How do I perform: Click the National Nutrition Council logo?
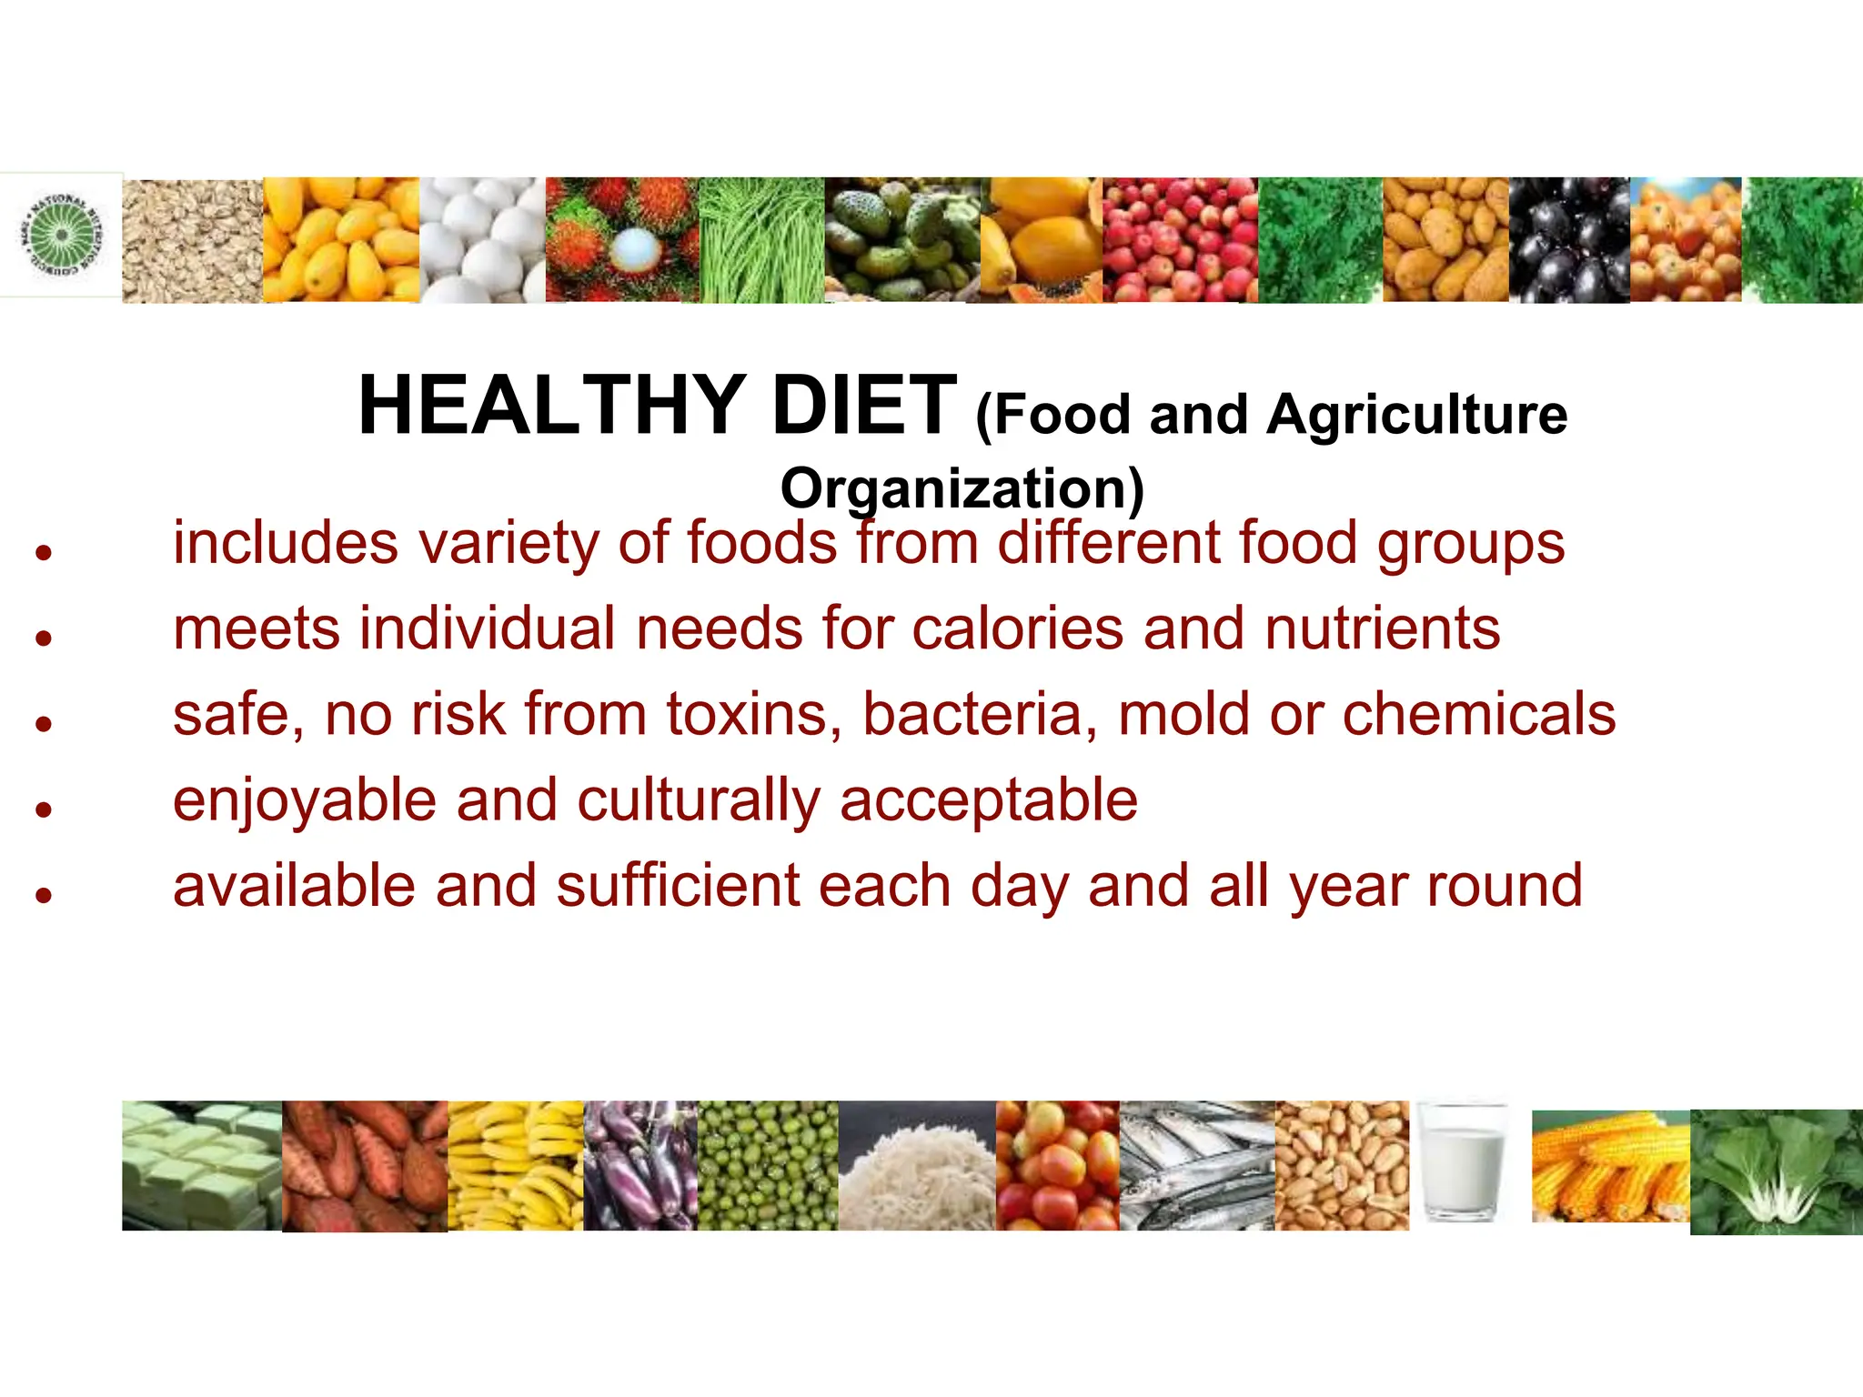click(62, 235)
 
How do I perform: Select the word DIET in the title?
click(862, 407)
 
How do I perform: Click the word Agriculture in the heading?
click(1416, 416)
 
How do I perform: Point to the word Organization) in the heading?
click(962, 489)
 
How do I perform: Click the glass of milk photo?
click(1463, 1163)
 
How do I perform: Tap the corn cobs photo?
click(1610, 1167)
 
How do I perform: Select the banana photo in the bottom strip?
click(515, 1166)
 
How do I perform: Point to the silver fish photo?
click(1196, 1166)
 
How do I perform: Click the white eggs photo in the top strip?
click(482, 240)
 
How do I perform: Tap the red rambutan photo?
click(621, 240)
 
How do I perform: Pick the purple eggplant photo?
click(639, 1166)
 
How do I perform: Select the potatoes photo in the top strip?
click(1445, 240)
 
